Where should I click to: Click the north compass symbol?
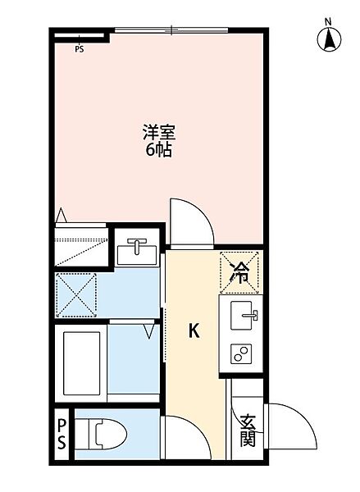pyautogui.click(x=328, y=39)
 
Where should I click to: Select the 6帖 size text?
pyautogui.click(x=158, y=150)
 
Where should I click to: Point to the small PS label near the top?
pyautogui.click(x=80, y=48)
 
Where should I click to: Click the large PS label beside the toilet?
pyautogui.click(x=62, y=435)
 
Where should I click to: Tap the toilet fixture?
pyautogui.click(x=107, y=434)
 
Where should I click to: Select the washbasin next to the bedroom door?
pyautogui.click(x=137, y=251)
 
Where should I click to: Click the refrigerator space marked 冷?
pyautogui.click(x=239, y=271)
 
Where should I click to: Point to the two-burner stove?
pyautogui.click(x=243, y=354)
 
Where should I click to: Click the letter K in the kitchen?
pyautogui.click(x=194, y=331)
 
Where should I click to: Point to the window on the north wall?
pyautogui.click(x=171, y=31)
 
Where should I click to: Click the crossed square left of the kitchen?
pyautogui.click(x=76, y=294)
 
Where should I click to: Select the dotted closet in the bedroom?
pyautogui.click(x=81, y=244)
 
